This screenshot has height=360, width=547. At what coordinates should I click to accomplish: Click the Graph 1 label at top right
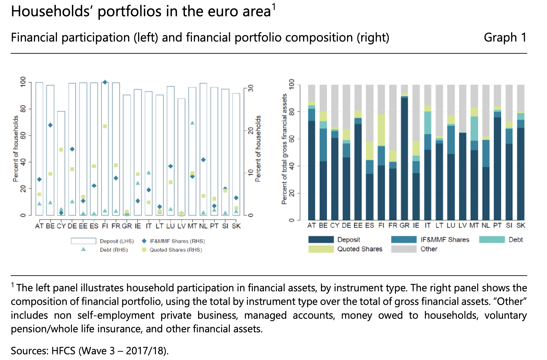pos(505,37)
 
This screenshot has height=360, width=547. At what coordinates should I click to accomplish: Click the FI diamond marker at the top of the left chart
pos(105,82)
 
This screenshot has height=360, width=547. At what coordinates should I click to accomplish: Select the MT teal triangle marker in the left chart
pos(192,123)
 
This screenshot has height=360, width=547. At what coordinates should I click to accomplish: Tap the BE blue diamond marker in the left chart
pos(50,125)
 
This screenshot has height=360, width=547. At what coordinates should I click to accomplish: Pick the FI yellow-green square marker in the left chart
pos(105,126)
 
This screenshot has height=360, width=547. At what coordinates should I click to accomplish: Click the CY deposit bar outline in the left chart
pos(61,163)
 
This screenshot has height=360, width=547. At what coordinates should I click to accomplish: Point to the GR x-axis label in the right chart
pos(404,225)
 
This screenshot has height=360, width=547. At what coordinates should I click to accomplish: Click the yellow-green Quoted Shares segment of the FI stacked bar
pos(381,130)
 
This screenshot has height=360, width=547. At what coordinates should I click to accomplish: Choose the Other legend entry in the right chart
pos(429,249)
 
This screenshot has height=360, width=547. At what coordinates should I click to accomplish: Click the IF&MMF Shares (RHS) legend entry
pos(177,241)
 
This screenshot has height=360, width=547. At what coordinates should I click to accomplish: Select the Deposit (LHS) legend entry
pos(117,241)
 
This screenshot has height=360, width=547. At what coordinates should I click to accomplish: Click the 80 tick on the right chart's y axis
pos(292,112)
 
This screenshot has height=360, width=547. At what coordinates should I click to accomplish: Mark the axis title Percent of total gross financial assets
pos(284,149)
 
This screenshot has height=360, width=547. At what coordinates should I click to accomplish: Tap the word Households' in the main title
pos(50,11)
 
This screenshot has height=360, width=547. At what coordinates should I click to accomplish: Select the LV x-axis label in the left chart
pos(181,226)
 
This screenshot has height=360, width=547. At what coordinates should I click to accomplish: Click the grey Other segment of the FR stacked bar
pos(393,117)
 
